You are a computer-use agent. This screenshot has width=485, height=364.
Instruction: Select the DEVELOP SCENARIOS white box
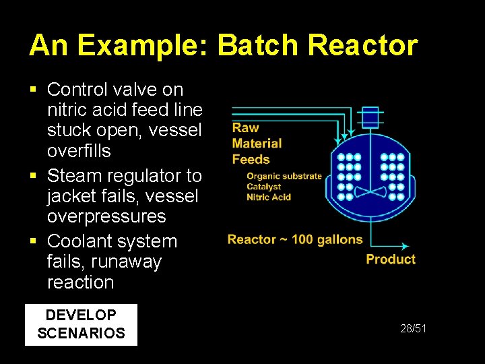click(81, 324)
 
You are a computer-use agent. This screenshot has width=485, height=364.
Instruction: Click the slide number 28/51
click(414, 328)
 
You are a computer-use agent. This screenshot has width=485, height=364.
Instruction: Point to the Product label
click(391, 260)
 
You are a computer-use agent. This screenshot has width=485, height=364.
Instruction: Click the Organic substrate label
click(284, 177)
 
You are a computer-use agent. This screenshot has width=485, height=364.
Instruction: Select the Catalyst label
click(264, 187)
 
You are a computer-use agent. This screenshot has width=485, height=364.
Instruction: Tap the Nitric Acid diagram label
click(269, 197)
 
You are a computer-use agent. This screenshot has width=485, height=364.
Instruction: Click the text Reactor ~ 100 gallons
click(295, 239)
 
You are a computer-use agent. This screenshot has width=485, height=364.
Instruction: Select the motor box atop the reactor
click(370, 117)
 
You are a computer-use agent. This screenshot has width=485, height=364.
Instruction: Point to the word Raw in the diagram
click(245, 127)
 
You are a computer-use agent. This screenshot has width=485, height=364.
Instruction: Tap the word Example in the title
click(144, 46)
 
